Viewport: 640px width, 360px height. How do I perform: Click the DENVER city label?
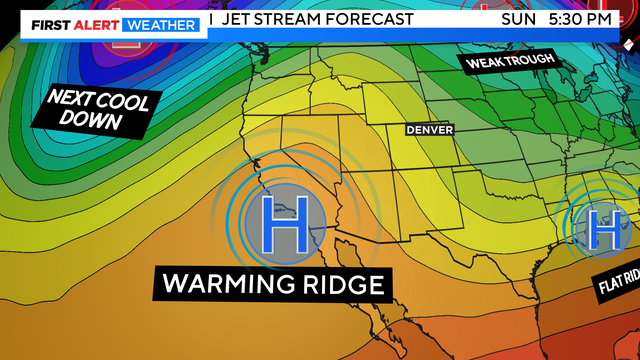429,130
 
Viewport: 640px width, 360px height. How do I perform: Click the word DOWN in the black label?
91,122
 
